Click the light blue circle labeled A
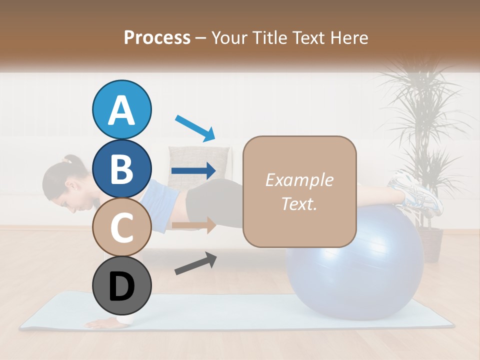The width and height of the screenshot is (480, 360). tap(122, 110)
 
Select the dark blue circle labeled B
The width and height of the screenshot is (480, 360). tap(122, 168)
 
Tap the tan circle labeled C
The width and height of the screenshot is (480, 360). tap(122, 227)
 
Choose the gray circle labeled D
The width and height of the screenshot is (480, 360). tap(122, 286)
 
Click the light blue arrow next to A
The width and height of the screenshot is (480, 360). tap(195, 127)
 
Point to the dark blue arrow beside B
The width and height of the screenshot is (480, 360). tap(193, 171)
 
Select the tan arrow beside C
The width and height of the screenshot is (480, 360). tap(193, 225)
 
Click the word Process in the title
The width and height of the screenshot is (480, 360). tap(157, 37)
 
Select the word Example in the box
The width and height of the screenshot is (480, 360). tap(299, 180)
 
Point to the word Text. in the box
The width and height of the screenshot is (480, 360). tap(299, 203)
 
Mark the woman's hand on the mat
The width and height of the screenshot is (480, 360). tap(102, 324)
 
